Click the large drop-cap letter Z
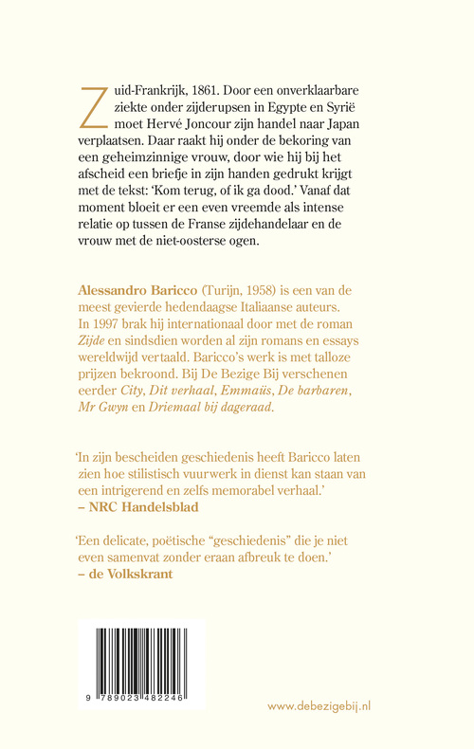pyautogui.click(x=95, y=104)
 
